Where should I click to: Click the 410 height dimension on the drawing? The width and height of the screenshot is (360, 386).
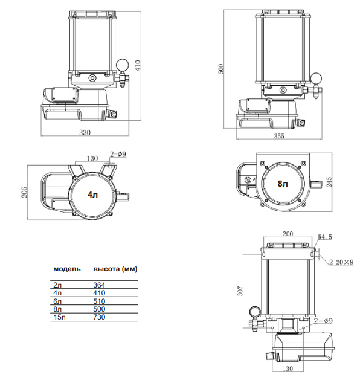pos(138,65)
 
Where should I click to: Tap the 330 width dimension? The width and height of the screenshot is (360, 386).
pos(85,133)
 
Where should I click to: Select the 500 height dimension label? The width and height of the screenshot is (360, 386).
pos(221,69)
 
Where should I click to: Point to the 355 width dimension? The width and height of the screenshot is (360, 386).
pos(279,136)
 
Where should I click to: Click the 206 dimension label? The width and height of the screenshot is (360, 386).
pos(24,192)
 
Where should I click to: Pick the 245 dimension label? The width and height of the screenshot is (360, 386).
pos(329,182)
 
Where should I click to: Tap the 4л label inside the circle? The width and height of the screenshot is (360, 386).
pos(92,195)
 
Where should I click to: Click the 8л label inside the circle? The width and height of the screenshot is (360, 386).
pos(283,184)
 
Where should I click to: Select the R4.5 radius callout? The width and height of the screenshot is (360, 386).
pos(325,237)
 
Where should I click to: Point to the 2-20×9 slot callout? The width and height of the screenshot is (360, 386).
pos(341,262)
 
